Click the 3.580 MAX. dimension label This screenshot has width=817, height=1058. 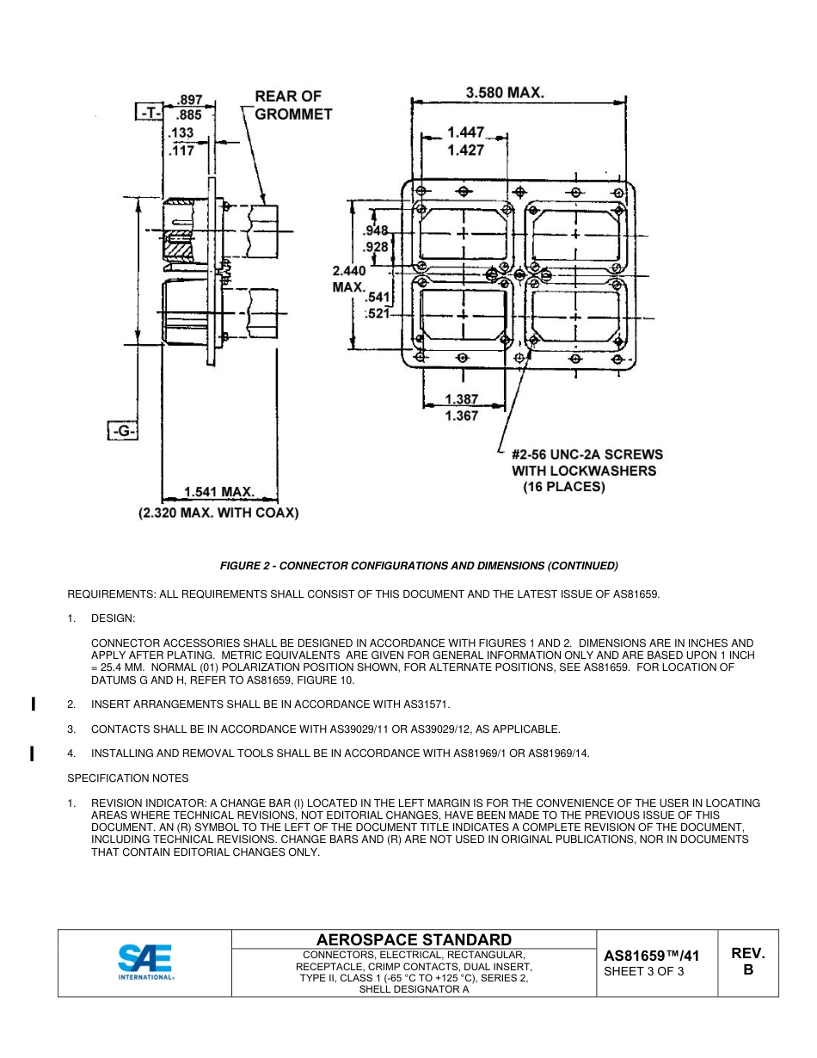505,92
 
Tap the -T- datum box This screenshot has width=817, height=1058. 150,113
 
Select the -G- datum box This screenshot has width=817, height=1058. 123,431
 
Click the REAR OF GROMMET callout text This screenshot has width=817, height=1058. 292,105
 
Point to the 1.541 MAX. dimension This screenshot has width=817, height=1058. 219,492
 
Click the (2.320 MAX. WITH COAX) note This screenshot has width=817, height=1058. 219,514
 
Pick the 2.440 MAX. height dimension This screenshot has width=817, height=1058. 349,279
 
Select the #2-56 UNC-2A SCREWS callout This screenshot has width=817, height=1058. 587,454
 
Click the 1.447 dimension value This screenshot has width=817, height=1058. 464,132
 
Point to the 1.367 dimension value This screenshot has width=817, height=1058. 462,417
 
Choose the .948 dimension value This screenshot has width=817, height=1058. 376,231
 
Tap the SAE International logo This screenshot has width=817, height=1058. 145,963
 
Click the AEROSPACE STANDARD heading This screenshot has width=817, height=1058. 414,939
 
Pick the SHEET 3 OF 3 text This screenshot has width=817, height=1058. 644,972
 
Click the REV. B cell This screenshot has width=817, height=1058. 747,962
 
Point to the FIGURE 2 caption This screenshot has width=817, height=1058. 419,565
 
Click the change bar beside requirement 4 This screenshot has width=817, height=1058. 32,754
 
